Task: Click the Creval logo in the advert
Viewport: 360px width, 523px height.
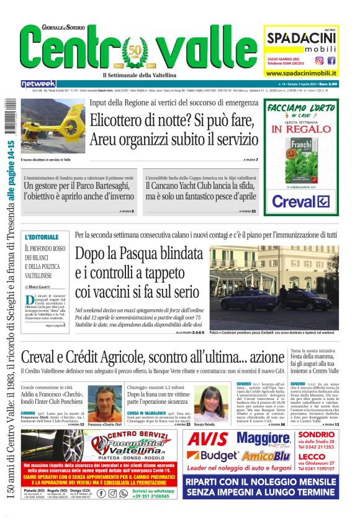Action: pos(300,202)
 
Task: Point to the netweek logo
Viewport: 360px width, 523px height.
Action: pos(38,83)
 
